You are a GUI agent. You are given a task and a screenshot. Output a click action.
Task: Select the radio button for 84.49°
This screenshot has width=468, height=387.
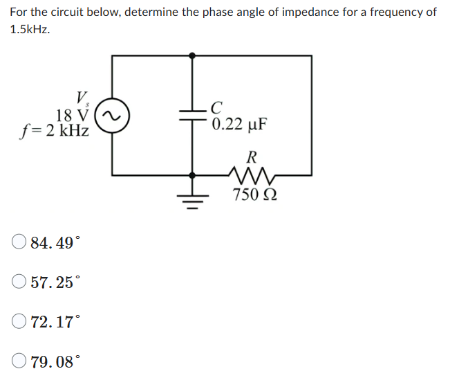19,242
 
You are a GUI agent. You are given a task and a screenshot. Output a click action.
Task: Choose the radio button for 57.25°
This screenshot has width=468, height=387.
19,282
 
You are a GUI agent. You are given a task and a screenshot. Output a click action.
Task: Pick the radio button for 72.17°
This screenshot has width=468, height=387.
19,321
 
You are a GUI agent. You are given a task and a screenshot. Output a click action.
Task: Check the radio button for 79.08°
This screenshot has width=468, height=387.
19,361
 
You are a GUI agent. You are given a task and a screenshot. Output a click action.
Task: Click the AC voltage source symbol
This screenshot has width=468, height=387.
112,119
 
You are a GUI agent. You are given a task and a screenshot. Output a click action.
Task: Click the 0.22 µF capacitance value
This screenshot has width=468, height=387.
238,125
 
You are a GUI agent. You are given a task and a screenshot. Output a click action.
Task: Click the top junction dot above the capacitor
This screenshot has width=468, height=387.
193,55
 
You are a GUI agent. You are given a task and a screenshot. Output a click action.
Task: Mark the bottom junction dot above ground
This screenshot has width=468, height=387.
193,175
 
